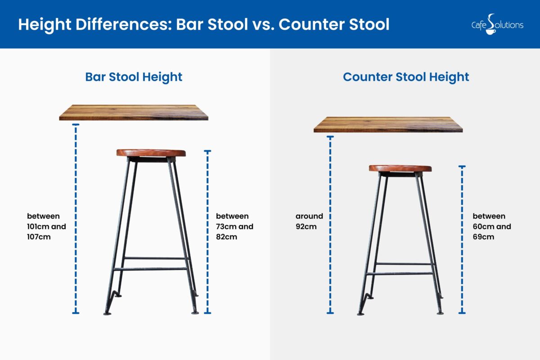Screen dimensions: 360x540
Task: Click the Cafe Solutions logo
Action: click(x=497, y=24)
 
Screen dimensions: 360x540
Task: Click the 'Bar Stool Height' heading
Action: click(x=134, y=77)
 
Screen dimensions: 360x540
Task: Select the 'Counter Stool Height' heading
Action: click(x=406, y=77)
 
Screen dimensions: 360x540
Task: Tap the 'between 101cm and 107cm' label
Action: click(x=46, y=226)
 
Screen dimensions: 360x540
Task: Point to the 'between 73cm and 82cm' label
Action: click(x=234, y=226)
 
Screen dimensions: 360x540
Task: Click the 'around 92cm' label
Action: click(x=309, y=221)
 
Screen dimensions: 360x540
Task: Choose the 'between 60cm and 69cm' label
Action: click(x=491, y=226)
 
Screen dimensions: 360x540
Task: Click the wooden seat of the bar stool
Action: click(x=151, y=153)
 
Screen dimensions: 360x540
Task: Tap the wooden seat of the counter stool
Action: click(x=400, y=168)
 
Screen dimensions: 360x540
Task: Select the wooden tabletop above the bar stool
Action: click(x=134, y=112)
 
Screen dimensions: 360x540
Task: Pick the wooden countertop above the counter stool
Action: click(x=388, y=125)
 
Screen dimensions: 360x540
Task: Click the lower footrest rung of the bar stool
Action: click(x=150, y=269)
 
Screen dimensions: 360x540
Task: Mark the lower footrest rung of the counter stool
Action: click(x=400, y=273)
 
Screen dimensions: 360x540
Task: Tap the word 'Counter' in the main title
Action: click(x=311, y=25)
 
